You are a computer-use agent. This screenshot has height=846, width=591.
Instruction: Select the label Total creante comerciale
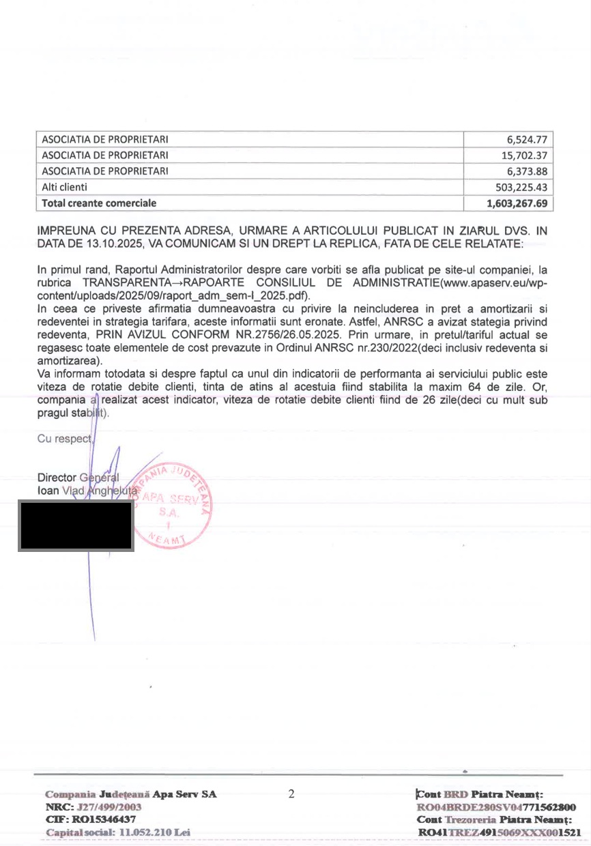(99, 203)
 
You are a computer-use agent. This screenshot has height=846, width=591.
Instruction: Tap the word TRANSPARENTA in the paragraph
(126, 283)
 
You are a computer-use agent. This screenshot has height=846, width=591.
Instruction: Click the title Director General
(78, 478)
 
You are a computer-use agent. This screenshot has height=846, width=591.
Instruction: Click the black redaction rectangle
(76, 525)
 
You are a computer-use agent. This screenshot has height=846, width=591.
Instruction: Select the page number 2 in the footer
(291, 794)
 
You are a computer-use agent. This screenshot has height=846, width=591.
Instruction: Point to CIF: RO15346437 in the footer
(91, 819)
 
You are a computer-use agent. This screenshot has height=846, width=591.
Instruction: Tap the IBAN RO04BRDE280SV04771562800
(497, 807)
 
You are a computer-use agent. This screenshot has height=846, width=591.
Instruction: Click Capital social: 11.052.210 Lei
(117, 832)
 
